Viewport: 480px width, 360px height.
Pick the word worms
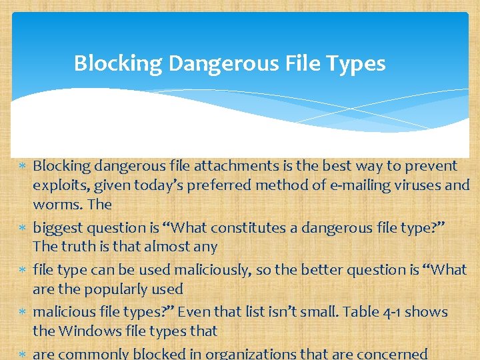[x=56, y=204]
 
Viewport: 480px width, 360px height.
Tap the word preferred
[x=220, y=185]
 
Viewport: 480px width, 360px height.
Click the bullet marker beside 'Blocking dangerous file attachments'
[x=23, y=166]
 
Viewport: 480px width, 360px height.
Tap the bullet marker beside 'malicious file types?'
[x=23, y=312]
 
